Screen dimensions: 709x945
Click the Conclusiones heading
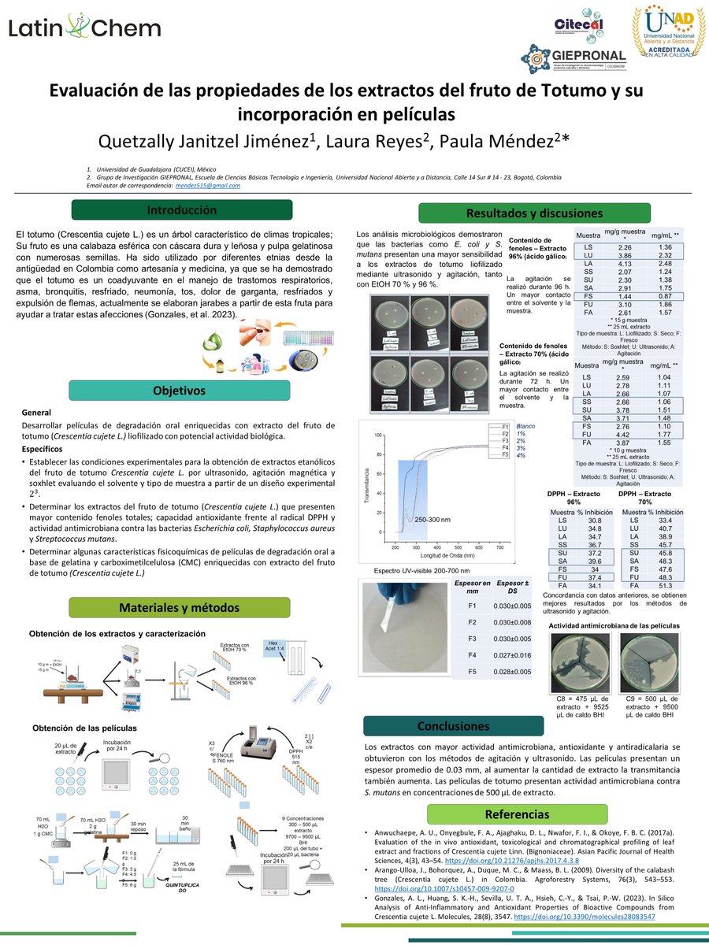pos(453,725)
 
